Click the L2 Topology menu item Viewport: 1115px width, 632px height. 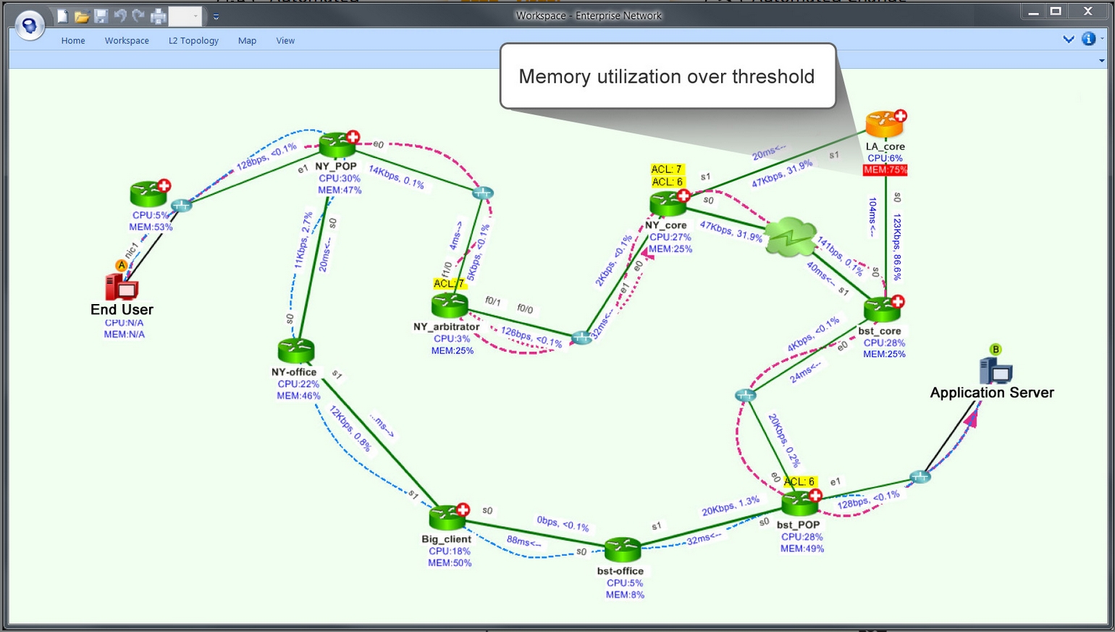point(193,41)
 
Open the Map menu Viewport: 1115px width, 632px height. point(247,41)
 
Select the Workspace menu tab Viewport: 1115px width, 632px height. point(127,41)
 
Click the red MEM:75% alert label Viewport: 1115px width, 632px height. point(885,170)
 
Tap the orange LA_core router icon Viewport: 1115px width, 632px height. point(884,125)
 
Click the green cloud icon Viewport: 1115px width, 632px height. point(791,237)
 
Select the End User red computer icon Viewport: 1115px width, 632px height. point(122,287)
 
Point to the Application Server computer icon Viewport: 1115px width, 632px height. point(996,371)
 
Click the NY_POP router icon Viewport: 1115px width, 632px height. point(337,145)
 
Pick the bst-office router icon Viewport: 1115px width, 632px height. point(622,550)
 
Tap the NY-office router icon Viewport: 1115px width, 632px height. point(296,351)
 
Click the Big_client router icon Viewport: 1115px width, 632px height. point(447,518)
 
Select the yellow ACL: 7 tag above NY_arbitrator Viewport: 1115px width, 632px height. point(448,284)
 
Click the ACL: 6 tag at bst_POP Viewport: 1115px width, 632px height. point(800,481)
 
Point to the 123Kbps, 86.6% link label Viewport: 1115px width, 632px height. point(897,246)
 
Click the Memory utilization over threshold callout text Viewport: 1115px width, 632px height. point(666,77)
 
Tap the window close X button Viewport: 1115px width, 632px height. point(1087,11)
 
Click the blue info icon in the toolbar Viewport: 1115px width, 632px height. point(1088,39)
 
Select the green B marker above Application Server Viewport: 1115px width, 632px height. point(996,350)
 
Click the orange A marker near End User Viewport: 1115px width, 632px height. point(122,266)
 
